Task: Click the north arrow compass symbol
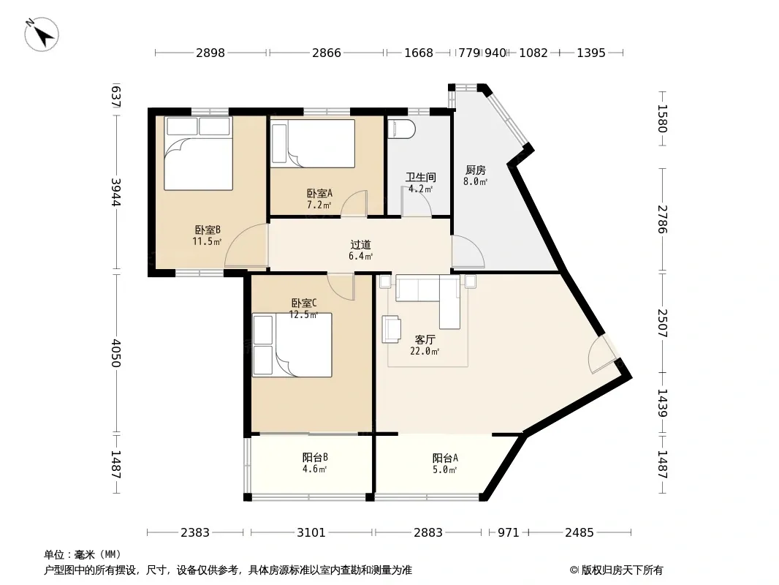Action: tap(42, 34)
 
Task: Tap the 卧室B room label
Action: tap(207, 230)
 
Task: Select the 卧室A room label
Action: tap(319, 193)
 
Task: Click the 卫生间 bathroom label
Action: tap(421, 177)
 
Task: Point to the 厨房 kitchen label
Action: tap(476, 170)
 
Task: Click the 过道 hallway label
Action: tap(361, 244)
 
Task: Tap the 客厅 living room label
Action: tap(425, 339)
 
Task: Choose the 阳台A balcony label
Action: tap(445, 458)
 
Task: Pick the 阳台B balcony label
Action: tap(315, 457)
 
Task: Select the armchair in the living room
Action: tap(392, 330)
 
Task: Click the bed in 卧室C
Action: tap(292, 345)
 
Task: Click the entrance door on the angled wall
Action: tap(603, 355)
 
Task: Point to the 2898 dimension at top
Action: tap(210, 53)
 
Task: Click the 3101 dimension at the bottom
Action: tap(311, 533)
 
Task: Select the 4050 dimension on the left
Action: tap(115, 353)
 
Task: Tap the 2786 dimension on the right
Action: tap(662, 219)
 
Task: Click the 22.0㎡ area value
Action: tap(425, 352)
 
